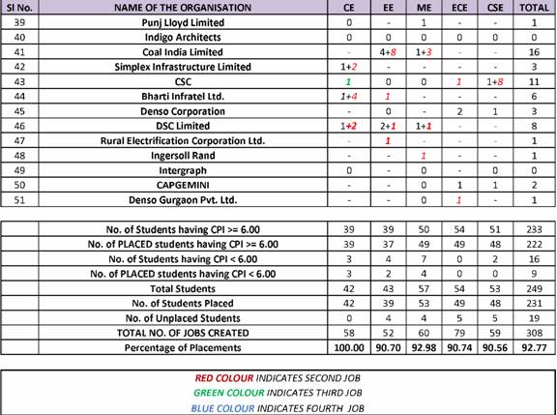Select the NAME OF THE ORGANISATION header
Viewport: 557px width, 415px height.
point(183,8)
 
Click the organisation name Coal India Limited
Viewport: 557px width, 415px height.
point(183,52)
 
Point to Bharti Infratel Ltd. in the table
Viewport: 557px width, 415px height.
point(183,97)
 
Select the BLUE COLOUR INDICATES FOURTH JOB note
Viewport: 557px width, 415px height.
point(278,407)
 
